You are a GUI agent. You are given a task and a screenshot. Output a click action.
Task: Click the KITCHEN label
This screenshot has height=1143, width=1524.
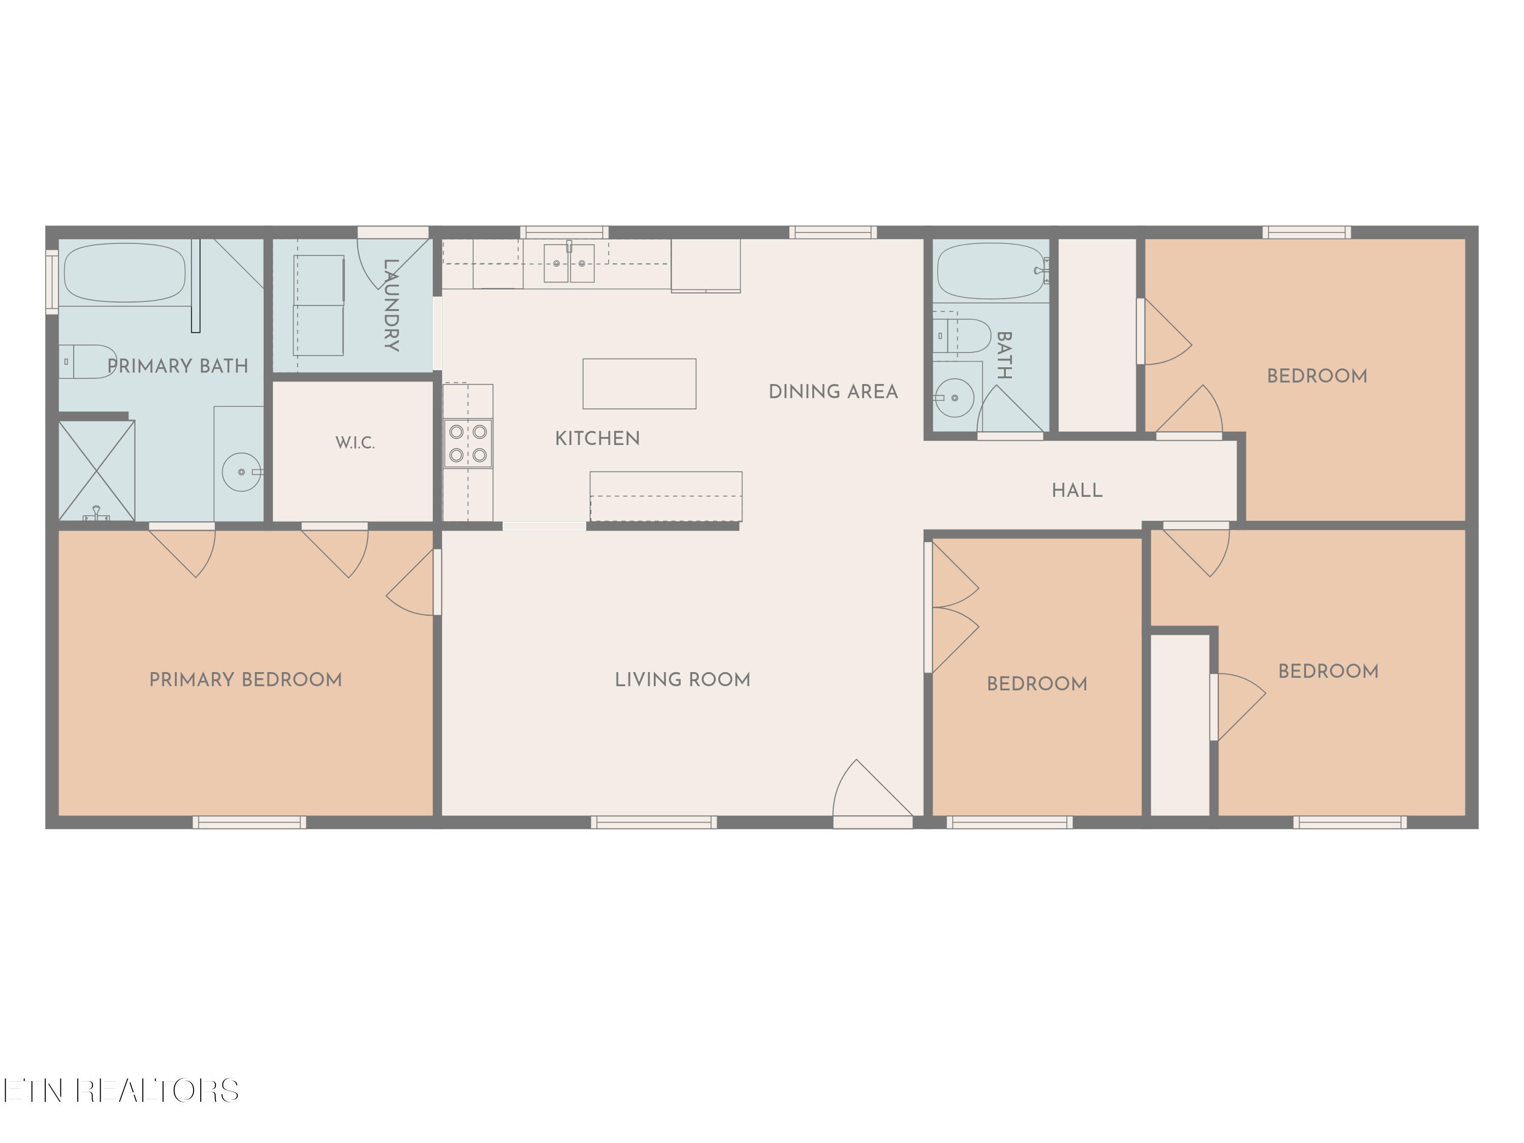tap(597, 438)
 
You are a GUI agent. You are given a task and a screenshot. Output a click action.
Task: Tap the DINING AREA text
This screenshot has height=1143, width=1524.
tap(833, 391)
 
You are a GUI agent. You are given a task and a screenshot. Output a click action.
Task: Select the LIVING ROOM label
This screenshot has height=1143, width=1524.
tap(682, 679)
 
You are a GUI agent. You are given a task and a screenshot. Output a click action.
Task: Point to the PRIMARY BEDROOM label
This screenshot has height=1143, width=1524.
tap(245, 679)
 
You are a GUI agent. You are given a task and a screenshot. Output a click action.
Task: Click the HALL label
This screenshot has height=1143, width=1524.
tap(1077, 490)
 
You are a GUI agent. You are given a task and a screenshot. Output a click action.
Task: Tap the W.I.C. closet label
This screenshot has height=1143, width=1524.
tap(355, 442)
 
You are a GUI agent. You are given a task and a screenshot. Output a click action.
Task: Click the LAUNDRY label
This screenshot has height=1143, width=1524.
tap(391, 305)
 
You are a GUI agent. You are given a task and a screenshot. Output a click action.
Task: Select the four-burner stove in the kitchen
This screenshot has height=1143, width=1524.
tap(468, 443)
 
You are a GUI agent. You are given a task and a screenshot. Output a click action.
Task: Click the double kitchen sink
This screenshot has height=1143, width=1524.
tap(569, 263)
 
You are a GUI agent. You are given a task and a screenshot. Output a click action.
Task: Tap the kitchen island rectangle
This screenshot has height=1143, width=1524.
tap(640, 384)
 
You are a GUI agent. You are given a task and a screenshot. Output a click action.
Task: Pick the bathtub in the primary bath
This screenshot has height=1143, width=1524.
tap(124, 272)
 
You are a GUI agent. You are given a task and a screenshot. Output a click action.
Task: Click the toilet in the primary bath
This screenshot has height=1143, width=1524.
tap(87, 362)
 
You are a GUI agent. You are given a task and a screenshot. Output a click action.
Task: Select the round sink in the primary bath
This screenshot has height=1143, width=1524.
tap(242, 472)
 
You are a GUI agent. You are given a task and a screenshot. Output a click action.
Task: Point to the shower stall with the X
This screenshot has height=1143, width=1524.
tap(97, 470)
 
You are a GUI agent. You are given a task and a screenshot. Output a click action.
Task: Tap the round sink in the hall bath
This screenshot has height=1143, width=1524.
tap(954, 398)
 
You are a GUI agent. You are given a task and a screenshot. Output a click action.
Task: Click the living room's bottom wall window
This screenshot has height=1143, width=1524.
tap(654, 822)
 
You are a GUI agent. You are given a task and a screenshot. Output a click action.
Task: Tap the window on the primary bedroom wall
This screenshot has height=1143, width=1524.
tap(249, 822)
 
